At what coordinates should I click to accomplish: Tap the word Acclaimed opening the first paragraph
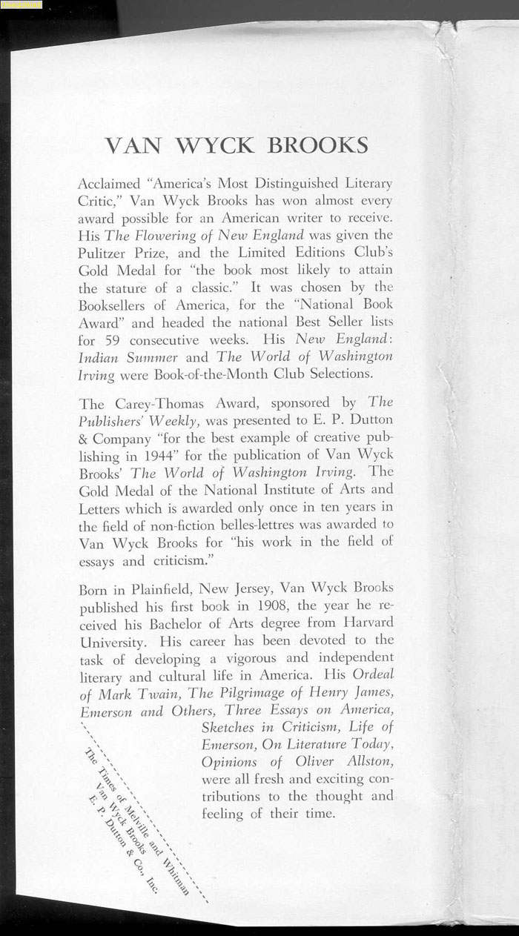click(x=108, y=183)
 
